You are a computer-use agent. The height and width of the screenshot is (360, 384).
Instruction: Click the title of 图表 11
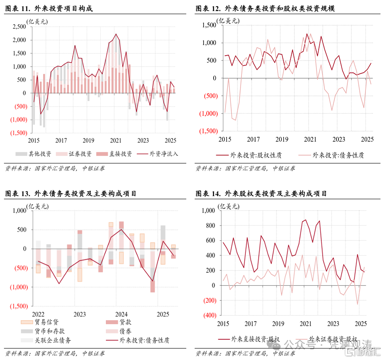(51, 8)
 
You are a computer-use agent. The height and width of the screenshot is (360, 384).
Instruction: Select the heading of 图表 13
(70, 193)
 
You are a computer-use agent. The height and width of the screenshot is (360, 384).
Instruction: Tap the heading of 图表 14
(261, 193)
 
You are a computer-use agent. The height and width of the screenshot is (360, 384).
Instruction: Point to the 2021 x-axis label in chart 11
(115, 140)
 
